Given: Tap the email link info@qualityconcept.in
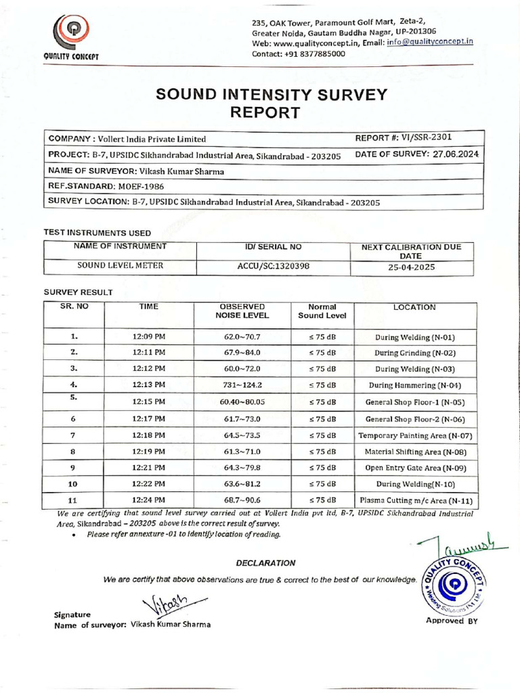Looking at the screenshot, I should coord(429,42).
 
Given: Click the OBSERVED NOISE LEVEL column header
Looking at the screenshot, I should coord(242,311).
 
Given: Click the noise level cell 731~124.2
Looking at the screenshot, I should coord(242,385).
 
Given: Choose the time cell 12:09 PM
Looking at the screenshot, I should coord(149,336).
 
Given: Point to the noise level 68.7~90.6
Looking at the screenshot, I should coord(242,500).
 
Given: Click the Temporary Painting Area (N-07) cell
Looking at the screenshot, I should coord(415,435).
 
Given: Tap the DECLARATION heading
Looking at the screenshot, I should coord(265,562).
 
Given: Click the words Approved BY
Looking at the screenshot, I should coord(451,621).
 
